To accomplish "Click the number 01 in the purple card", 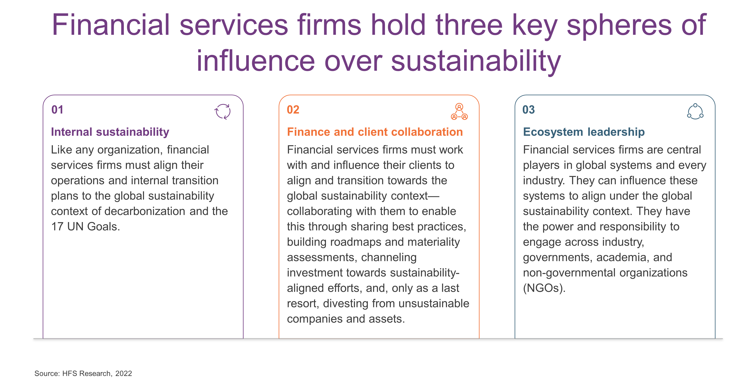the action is (x=57, y=110).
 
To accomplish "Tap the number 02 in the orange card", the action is (x=293, y=110).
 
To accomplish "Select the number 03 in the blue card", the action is (x=528, y=110).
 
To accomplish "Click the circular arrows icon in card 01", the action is (x=222, y=112).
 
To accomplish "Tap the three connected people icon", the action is (x=459, y=112).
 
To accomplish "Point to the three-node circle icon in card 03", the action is (x=695, y=112).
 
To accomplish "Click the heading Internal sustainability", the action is (x=110, y=132).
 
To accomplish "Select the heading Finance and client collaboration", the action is (x=375, y=132).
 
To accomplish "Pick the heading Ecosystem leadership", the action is (x=584, y=132).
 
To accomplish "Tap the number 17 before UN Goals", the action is (x=57, y=227).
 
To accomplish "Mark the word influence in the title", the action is (x=256, y=61).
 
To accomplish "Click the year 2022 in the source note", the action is (x=124, y=374).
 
